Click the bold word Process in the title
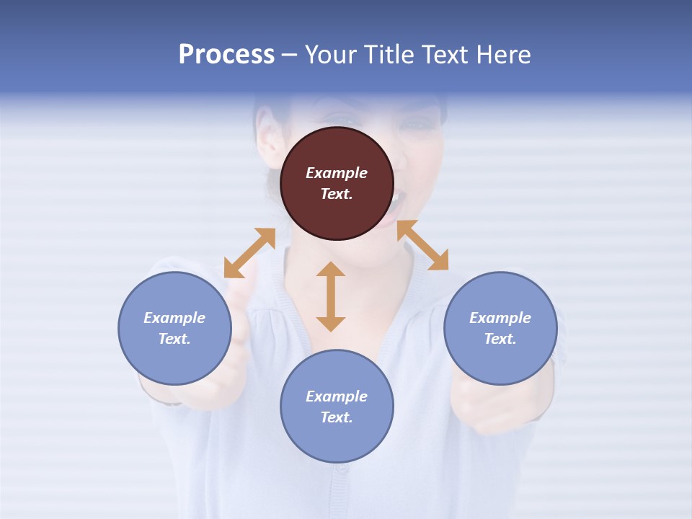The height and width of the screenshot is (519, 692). coord(226,55)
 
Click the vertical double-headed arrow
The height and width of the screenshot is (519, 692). coord(331,296)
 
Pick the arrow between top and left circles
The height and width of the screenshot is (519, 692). coord(249,253)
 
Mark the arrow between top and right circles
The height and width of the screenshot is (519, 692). coord(422,245)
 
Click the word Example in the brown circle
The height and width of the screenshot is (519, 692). coord(337,173)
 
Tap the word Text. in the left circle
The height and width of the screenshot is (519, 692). coord(174,339)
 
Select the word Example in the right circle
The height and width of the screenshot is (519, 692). coord(500,318)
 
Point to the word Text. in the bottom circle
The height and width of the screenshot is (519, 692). coord(337,417)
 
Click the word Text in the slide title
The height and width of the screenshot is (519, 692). coord(444,55)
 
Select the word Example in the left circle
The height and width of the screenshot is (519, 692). coord(174,318)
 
